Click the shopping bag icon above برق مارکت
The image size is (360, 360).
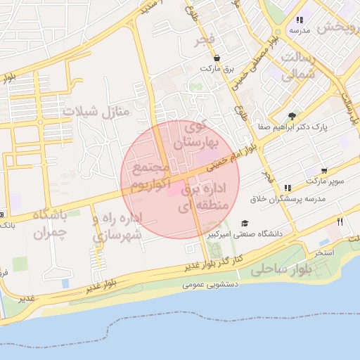217,58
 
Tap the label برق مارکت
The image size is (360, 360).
217,69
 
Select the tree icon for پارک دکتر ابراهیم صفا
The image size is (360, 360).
292,117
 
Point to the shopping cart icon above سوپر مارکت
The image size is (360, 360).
323,171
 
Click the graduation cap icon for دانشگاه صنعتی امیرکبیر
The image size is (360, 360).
244,223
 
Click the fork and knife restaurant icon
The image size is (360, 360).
340,221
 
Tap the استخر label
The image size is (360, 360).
323,251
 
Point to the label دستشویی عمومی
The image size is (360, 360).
210,285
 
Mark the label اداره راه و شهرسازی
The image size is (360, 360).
117,226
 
